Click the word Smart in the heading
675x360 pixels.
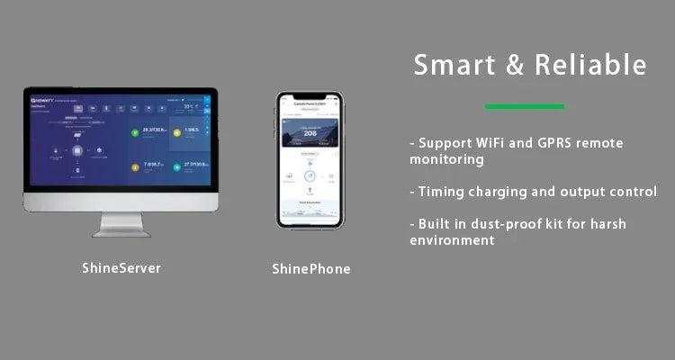[x=448, y=65]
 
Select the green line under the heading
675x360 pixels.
[x=524, y=106]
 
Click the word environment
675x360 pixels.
[x=452, y=240]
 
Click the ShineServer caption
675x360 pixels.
[x=121, y=267]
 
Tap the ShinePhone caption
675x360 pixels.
[x=310, y=268]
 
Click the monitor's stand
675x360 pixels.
[x=121, y=223]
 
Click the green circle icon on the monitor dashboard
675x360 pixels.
[x=135, y=132]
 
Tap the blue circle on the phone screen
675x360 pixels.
[x=310, y=176]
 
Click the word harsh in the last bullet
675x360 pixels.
[x=603, y=224]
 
